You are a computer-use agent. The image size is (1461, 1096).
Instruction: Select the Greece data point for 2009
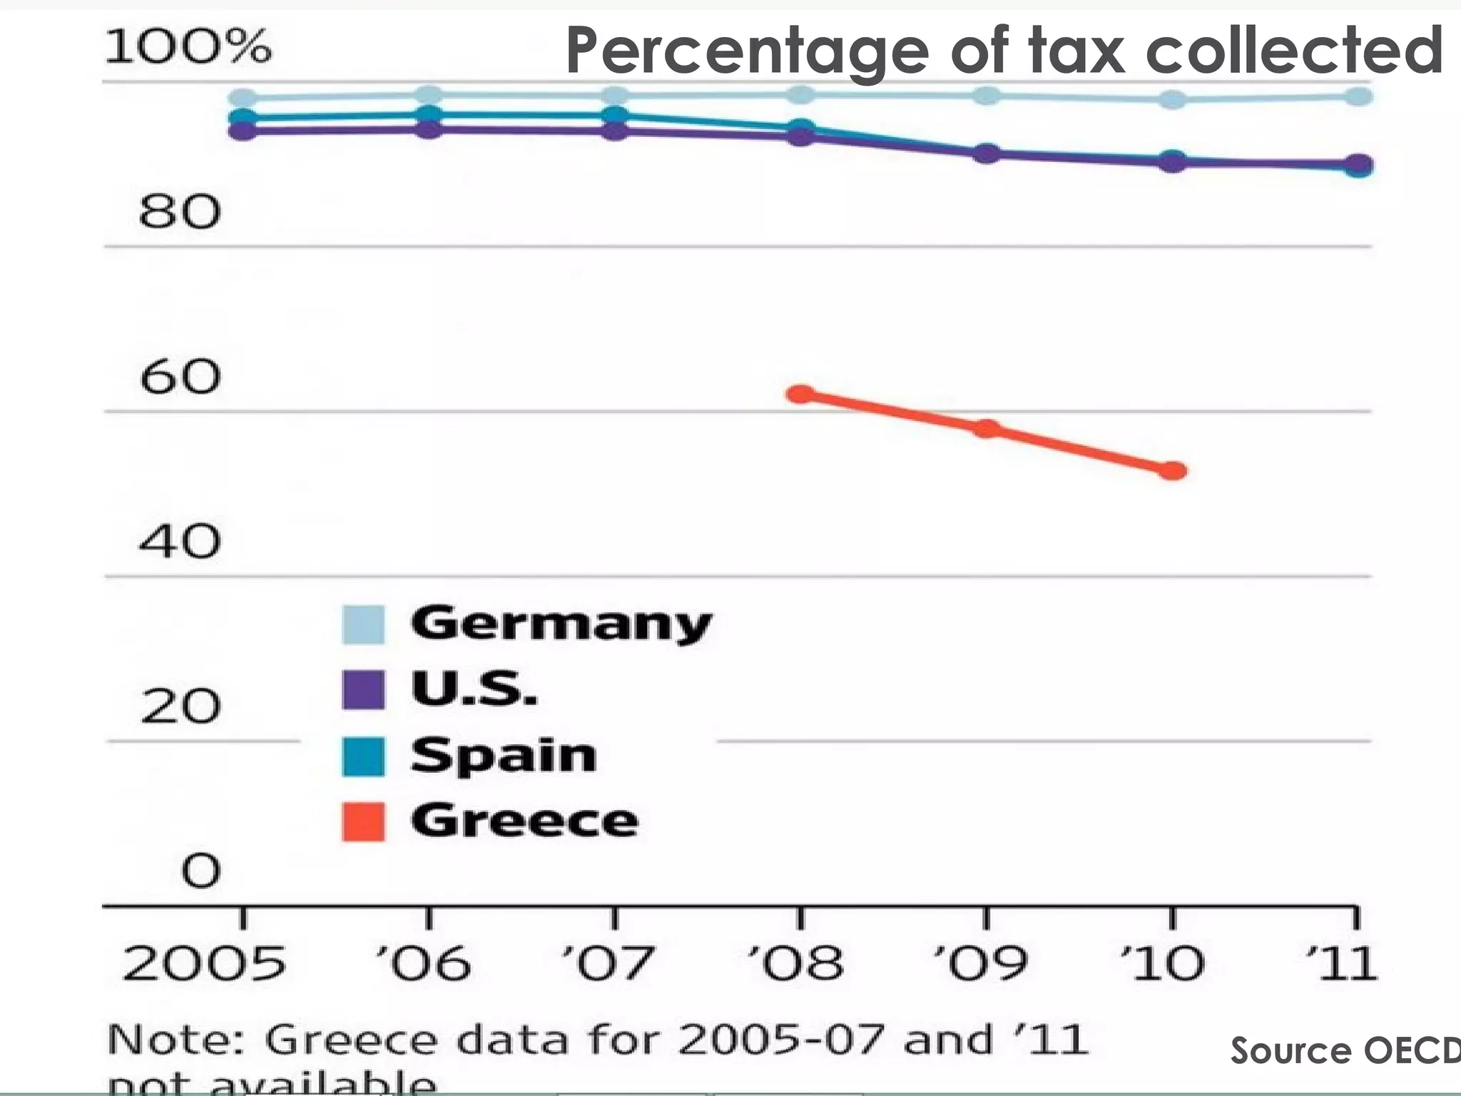(x=987, y=428)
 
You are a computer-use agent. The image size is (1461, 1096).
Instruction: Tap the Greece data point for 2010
(x=1172, y=471)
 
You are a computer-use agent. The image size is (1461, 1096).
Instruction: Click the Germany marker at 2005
(x=243, y=98)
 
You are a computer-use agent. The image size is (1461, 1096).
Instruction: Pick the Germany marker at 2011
(x=1358, y=96)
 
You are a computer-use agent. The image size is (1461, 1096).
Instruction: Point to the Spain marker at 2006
(x=429, y=113)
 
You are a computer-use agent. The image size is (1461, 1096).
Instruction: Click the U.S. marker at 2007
(x=614, y=131)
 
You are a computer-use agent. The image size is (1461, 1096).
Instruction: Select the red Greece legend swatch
(x=363, y=821)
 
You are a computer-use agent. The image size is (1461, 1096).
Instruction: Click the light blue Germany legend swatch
(x=363, y=624)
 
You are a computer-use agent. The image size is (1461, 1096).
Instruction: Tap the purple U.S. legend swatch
(x=363, y=689)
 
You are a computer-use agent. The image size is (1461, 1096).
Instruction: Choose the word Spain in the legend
(x=503, y=756)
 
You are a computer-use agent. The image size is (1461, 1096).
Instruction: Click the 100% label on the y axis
(x=188, y=47)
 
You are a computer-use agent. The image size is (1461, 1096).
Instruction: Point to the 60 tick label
(x=180, y=377)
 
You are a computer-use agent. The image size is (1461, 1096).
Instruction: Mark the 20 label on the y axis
(x=180, y=707)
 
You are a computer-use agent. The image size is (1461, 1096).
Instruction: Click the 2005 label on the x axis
(x=204, y=963)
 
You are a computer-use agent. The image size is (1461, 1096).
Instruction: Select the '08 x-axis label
(x=795, y=963)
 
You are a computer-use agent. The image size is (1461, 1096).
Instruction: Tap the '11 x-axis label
(x=1341, y=963)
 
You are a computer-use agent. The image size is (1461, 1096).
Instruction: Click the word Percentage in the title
(x=745, y=51)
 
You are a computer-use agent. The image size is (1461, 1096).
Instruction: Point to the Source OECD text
(x=1345, y=1050)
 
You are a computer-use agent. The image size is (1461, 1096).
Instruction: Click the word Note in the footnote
(x=175, y=1040)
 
